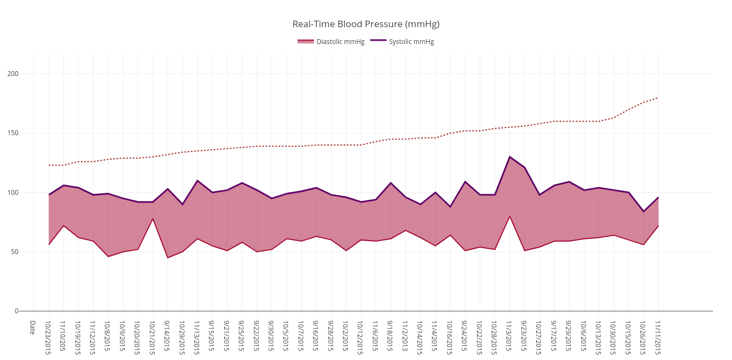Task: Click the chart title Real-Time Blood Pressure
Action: (366, 24)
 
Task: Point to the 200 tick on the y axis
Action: (12, 74)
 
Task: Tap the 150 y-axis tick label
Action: (12, 133)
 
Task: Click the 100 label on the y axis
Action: (12, 193)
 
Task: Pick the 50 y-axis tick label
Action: (14, 252)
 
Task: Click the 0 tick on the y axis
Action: (16, 311)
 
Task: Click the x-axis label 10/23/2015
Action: (48, 337)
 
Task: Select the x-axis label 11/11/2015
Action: (658, 337)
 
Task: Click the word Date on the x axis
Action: (33, 327)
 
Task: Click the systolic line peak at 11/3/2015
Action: (510, 157)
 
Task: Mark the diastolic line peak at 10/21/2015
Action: (152, 219)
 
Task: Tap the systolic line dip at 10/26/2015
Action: (643, 211)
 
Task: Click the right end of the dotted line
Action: (658, 98)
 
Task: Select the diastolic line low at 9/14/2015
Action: (167, 257)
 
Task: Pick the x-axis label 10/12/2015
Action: (360, 337)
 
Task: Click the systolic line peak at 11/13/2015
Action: (197, 180)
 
